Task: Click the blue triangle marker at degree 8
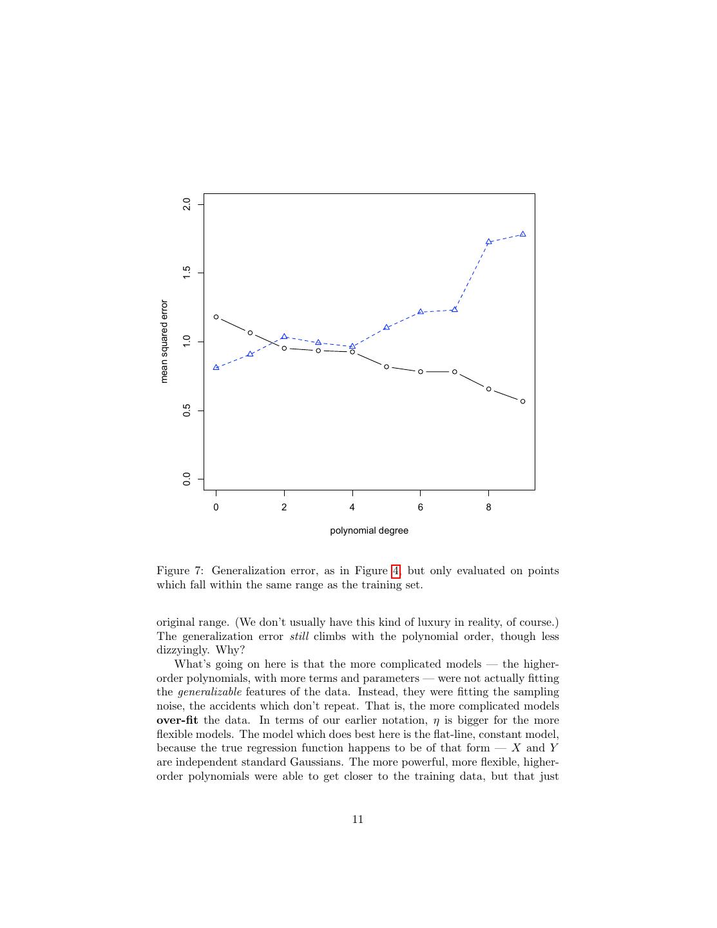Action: (489, 242)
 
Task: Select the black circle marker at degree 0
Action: (216, 317)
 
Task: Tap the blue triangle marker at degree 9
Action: (522, 234)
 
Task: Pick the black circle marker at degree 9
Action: (522, 401)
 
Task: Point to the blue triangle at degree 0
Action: (216, 367)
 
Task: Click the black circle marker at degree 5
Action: (387, 367)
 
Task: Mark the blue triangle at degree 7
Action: (455, 309)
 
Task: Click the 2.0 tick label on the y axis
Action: (187, 204)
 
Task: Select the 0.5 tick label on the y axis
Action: (187, 411)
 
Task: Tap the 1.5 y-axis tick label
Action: (187, 273)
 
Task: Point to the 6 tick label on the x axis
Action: (421, 507)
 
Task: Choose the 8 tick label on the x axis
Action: (489, 507)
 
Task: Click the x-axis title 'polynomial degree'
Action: (369, 531)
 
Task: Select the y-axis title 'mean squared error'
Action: (164, 342)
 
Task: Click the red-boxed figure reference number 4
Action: (396, 571)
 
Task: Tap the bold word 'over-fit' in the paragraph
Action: (177, 720)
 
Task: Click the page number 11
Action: (358, 820)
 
